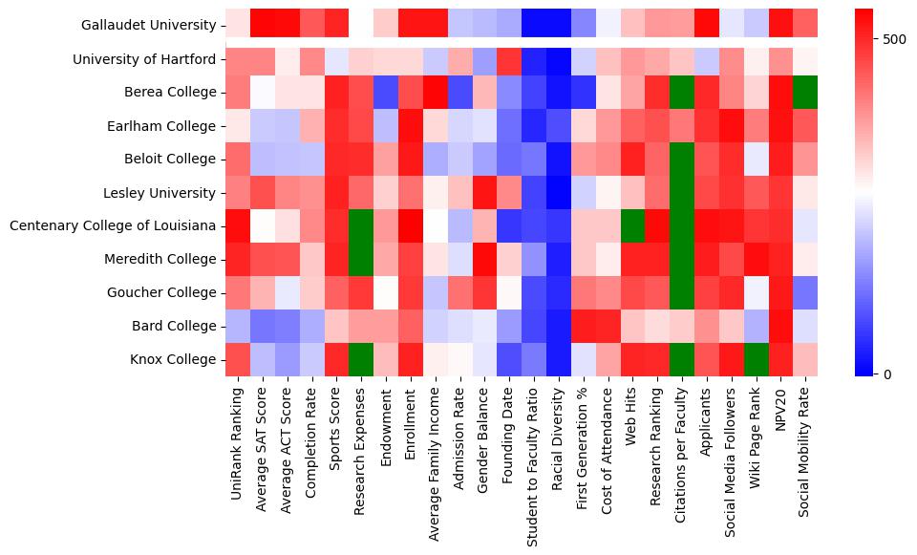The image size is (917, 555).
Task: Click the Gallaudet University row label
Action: pos(148,26)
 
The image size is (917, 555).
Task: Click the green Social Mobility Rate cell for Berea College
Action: pos(808,93)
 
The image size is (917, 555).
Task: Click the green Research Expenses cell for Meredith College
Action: pos(361,259)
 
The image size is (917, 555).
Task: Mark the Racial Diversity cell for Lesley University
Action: pos(560,193)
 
